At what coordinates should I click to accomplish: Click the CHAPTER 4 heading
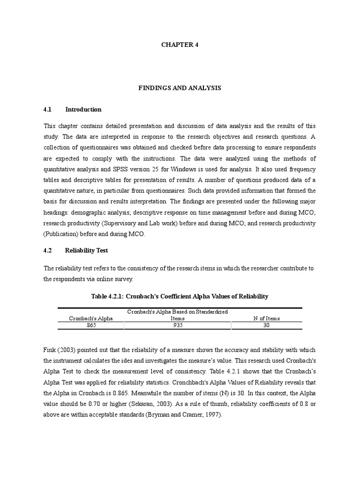(x=180, y=45)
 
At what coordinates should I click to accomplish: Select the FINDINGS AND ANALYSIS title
(x=180, y=88)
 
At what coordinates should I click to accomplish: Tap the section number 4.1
(x=47, y=109)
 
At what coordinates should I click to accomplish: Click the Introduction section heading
(x=83, y=109)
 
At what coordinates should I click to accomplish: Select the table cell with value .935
(x=178, y=325)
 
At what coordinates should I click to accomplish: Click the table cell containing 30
(x=266, y=325)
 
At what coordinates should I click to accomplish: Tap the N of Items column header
(x=266, y=318)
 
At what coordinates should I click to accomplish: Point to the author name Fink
(x=50, y=351)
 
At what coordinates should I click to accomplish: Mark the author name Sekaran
(x=146, y=405)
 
